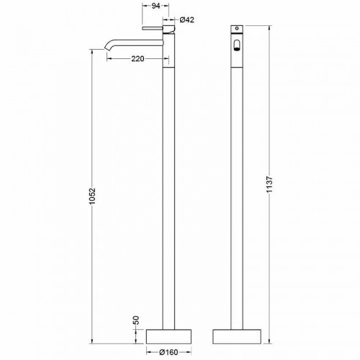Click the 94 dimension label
pos(156,6)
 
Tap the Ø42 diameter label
pos(187,19)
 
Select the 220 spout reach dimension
pos(138,58)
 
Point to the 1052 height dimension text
pos(92,196)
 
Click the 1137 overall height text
pos(269,184)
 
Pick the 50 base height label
pos(136,320)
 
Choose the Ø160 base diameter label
pos(169,352)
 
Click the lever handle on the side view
pos(153,28)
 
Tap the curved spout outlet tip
pos(107,50)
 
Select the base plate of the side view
pos(168,336)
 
